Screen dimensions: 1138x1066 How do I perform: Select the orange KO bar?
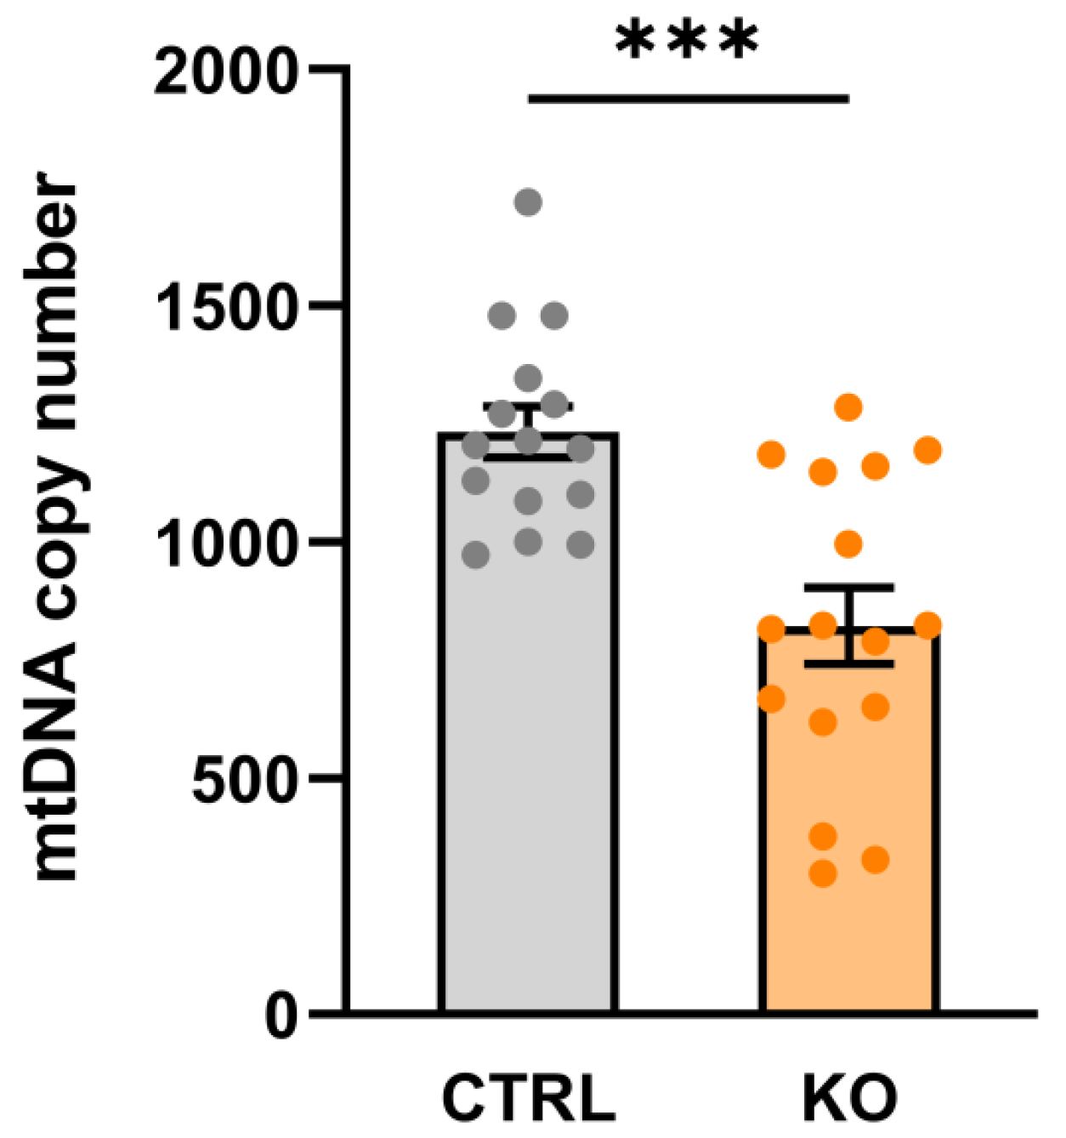pos(848,851)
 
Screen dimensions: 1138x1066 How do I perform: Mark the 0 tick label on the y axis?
pos(282,1016)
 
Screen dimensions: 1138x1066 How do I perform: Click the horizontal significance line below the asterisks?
pos(689,99)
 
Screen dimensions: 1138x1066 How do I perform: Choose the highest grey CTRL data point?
pos(529,202)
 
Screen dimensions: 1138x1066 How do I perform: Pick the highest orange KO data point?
pos(848,407)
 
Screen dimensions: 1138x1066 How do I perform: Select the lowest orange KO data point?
pos(823,873)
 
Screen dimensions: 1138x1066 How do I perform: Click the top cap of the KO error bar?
pos(848,588)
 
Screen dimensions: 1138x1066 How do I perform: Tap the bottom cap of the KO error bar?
pos(848,663)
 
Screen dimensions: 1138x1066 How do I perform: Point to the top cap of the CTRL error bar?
pos(528,405)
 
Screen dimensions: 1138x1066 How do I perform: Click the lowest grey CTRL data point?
pos(476,555)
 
